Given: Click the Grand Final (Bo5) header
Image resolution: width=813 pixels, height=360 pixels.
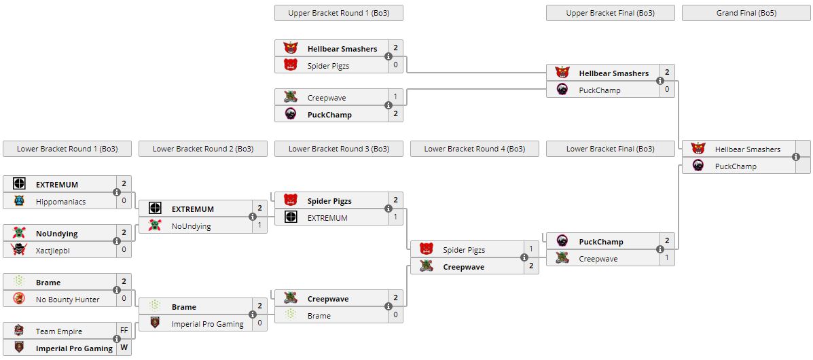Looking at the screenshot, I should tap(746, 13).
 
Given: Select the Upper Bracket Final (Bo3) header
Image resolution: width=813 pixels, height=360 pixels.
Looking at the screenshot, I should tap(610, 13).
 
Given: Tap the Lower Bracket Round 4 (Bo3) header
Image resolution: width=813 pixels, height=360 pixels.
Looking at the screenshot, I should tap(474, 149).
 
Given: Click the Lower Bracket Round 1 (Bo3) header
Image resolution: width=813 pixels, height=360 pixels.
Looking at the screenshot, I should tap(67, 149).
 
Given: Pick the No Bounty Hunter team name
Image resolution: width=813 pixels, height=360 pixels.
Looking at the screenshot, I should tap(67, 300).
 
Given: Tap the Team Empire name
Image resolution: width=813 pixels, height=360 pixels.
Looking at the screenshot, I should tap(59, 331).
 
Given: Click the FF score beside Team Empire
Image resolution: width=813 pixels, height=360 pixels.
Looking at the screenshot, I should tap(124, 331).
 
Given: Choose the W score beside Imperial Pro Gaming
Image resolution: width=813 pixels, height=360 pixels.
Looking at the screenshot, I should tap(124, 348).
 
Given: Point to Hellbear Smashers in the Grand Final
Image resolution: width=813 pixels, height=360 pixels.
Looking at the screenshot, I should tap(747, 149).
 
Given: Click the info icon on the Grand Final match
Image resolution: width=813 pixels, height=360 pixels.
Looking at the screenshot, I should tap(796, 158).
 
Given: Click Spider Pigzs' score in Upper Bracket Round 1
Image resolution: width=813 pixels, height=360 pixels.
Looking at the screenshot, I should tap(395, 66).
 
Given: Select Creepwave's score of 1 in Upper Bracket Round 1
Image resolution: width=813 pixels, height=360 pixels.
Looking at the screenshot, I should tap(395, 98).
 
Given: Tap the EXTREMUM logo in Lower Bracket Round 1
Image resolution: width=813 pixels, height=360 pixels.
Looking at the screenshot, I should tap(19, 185).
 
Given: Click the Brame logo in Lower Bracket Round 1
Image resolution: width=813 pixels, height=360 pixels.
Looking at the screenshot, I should tap(19, 283).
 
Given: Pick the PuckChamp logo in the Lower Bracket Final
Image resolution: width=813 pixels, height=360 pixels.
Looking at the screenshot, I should tap(562, 242).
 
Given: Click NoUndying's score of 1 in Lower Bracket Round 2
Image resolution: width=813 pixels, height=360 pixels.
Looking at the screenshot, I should tap(259, 226).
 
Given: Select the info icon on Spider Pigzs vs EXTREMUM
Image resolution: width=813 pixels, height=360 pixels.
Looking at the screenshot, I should tap(389, 209).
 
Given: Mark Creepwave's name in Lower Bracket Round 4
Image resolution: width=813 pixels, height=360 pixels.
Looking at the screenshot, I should tap(464, 267).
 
